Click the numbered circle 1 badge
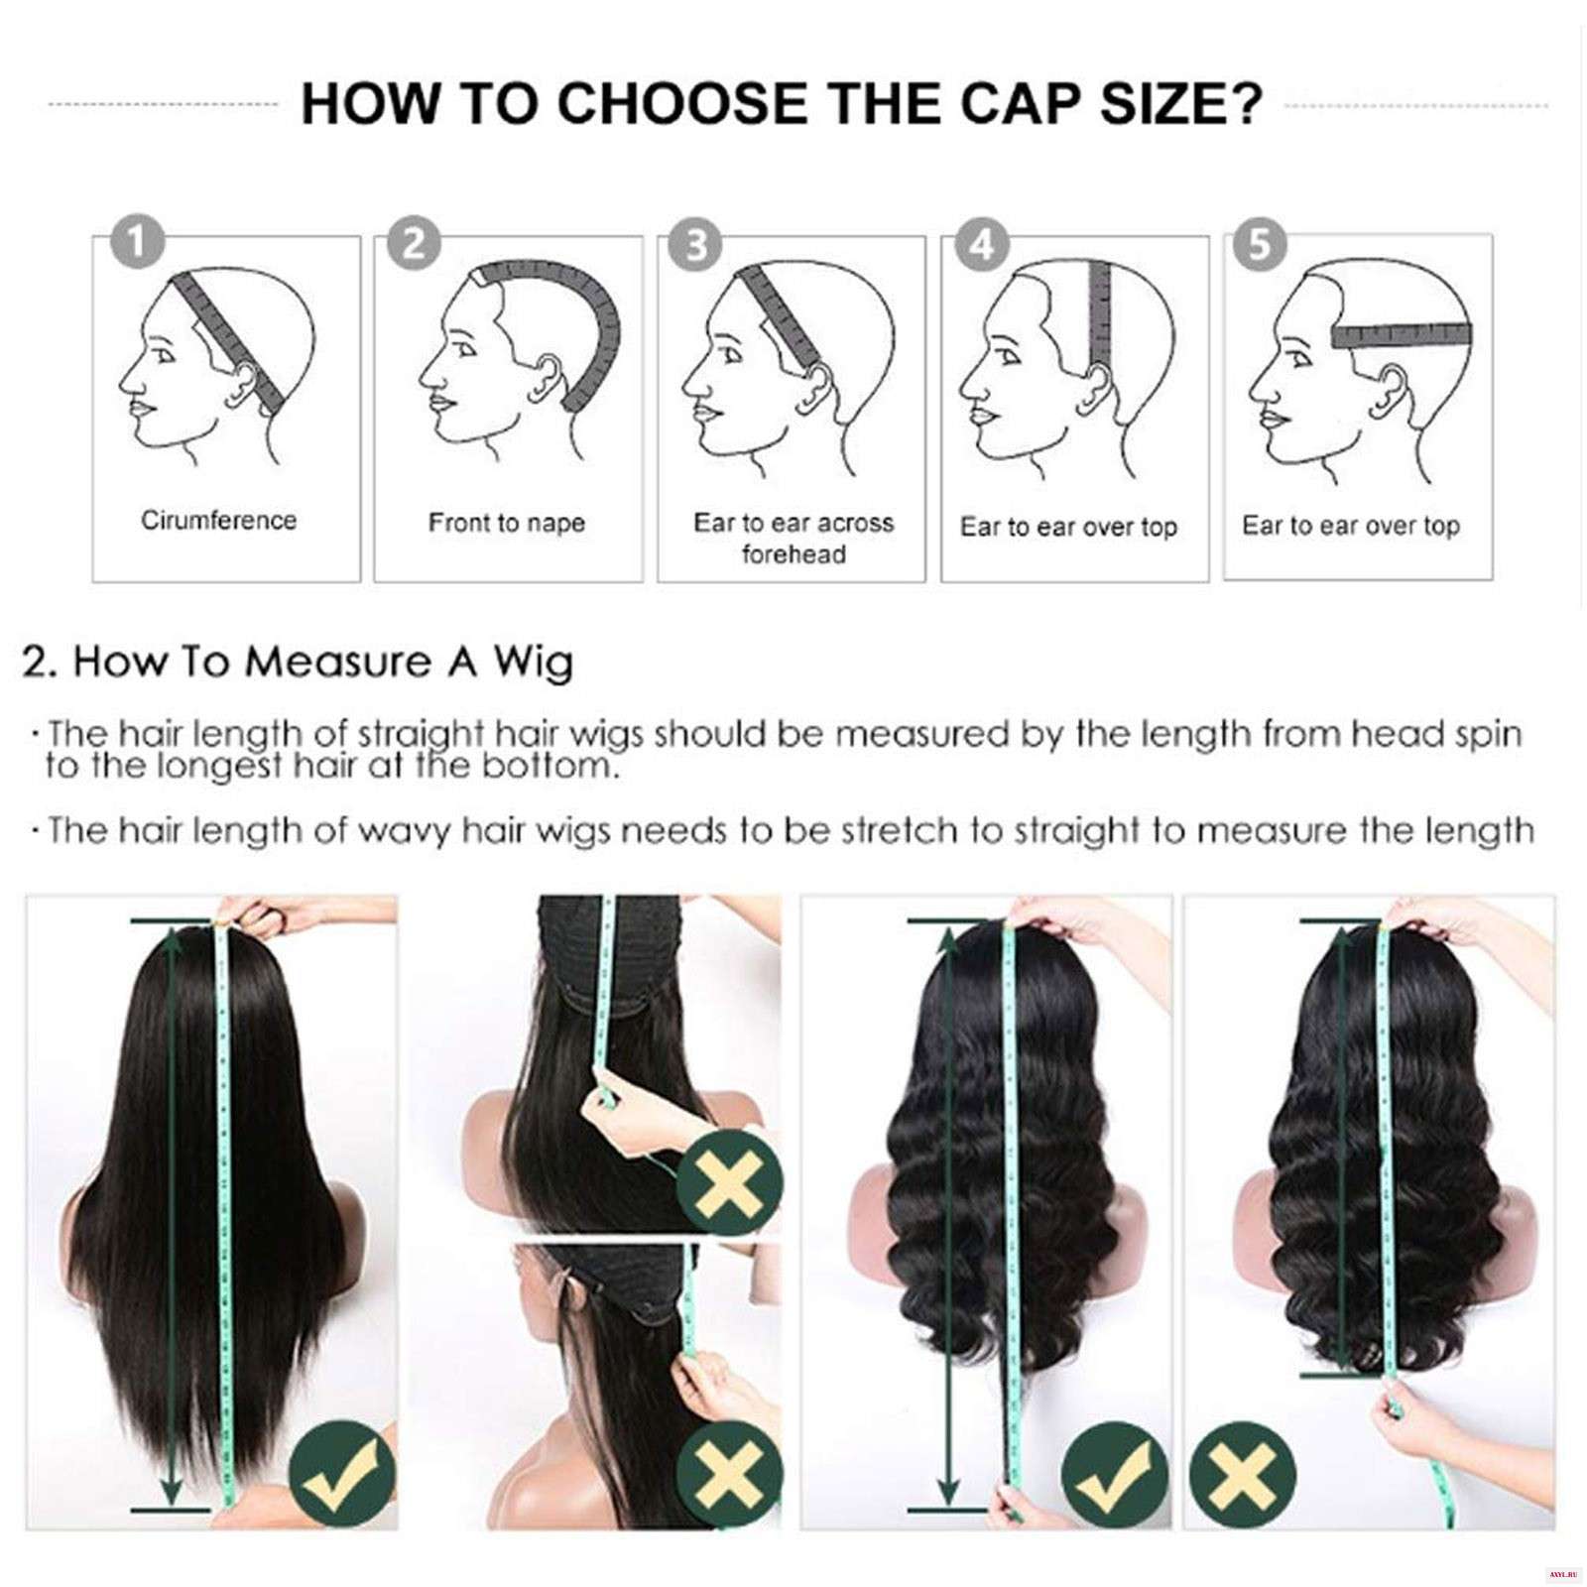pyautogui.click(x=138, y=242)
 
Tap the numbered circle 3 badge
pyautogui.click(x=696, y=243)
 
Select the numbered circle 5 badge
pyautogui.click(x=1259, y=243)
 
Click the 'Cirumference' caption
pyautogui.click(x=218, y=521)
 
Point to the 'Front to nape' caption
pyautogui.click(x=507, y=523)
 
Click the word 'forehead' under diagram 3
pyautogui.click(x=793, y=553)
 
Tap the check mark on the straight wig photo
pyautogui.click(x=342, y=1475)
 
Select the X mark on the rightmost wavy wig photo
pyautogui.click(x=1240, y=1475)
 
